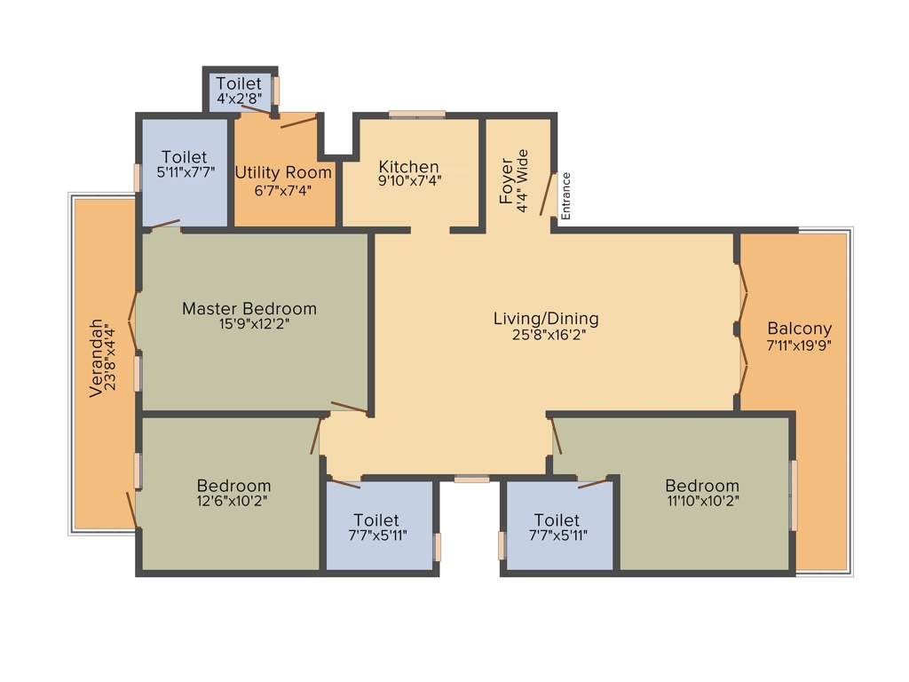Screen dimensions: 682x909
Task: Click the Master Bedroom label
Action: click(x=249, y=309)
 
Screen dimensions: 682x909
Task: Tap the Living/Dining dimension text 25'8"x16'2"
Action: click(x=546, y=335)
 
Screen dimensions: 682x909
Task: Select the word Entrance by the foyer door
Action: click(x=566, y=195)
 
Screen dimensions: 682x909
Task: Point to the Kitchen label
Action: click(x=408, y=167)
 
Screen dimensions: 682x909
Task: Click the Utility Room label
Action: click(x=283, y=172)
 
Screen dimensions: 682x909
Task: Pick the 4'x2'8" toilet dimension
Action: click(x=239, y=99)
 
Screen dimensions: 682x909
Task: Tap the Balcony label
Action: click(x=799, y=327)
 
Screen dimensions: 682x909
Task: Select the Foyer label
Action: click(x=507, y=182)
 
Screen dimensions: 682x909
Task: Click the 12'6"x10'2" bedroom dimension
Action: click(x=233, y=501)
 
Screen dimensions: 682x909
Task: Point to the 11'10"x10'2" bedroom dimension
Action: click(x=702, y=501)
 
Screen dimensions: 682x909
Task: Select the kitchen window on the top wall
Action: click(x=417, y=114)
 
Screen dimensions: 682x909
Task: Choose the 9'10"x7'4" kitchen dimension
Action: click(x=409, y=180)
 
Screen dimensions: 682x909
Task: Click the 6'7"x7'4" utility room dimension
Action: click(x=283, y=189)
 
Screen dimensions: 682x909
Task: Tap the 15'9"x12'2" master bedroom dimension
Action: click(x=249, y=324)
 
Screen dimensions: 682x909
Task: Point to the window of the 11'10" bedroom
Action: click(x=793, y=494)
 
